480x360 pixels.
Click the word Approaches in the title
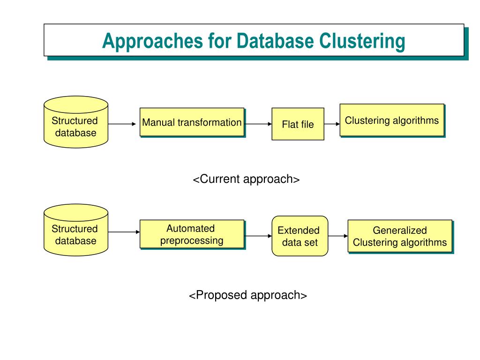click(x=152, y=41)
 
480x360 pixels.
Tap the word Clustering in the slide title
click(x=362, y=41)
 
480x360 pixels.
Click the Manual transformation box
click(x=192, y=122)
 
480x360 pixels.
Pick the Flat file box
click(x=298, y=124)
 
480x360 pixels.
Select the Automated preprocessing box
click(x=192, y=234)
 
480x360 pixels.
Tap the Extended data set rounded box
click(x=300, y=236)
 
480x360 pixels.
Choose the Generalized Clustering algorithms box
click(x=400, y=236)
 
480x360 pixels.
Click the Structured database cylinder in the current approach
click(x=76, y=122)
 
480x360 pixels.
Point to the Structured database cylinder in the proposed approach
click(x=76, y=230)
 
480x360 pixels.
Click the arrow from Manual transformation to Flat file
click(x=258, y=124)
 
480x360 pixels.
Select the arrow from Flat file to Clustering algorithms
click(x=332, y=124)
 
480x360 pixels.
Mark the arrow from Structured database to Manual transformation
click(x=122, y=124)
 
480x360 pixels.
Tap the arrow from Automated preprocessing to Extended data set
click(x=258, y=236)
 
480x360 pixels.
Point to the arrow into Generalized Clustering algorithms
click(x=338, y=236)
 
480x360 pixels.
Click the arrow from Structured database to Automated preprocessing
click(x=124, y=232)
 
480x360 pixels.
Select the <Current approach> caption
click(x=246, y=179)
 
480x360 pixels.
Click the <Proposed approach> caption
click(x=248, y=295)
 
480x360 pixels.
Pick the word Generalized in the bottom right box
click(x=400, y=230)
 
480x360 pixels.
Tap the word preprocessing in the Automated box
click(x=192, y=240)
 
